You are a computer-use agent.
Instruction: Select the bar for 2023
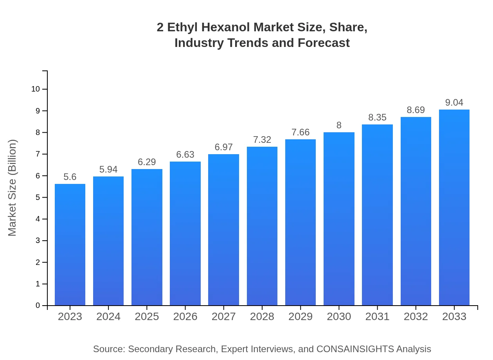pos(70,245)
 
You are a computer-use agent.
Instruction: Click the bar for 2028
pos(262,226)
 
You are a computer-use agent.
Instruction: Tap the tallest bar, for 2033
pos(454,207)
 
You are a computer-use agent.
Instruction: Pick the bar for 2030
pos(339,219)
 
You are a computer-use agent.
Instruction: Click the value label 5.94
pos(108,169)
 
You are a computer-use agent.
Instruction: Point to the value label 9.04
pos(454,103)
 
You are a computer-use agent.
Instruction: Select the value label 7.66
pos(300,132)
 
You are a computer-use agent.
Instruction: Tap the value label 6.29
pos(147,162)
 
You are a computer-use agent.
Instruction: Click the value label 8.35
pos(377,117)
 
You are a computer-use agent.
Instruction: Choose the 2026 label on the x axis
pos(185,317)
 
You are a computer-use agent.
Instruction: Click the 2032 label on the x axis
pos(416,317)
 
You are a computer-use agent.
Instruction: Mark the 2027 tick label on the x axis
pos(224,317)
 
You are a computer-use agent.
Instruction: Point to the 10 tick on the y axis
pos(36,89)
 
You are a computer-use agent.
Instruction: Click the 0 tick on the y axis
pos(38,306)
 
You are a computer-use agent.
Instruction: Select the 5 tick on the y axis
pos(38,198)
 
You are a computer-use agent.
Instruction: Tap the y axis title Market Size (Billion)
pos(13,188)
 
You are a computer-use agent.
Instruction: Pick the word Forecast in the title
pos(323,43)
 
